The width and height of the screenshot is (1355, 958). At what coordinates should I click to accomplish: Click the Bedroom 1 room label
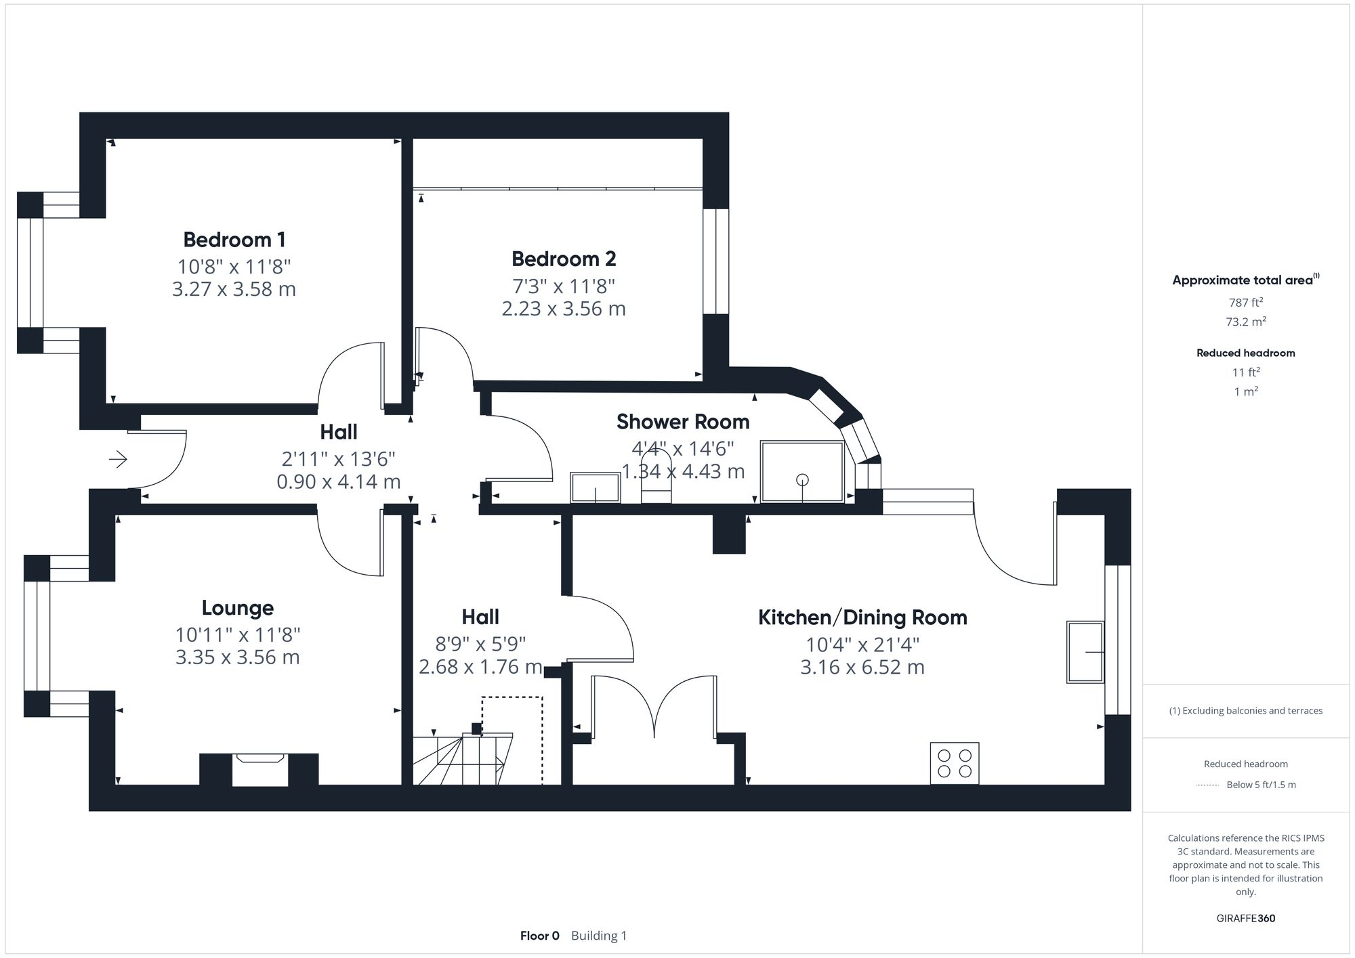pyautogui.click(x=234, y=240)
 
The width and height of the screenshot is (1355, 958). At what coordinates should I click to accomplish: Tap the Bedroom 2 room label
pyautogui.click(x=564, y=259)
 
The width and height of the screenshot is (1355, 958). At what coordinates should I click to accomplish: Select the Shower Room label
pyautogui.click(x=682, y=422)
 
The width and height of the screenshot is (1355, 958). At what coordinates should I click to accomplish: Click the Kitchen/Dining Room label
pyautogui.click(x=862, y=617)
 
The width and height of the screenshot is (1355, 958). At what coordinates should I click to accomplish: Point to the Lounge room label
pyautogui.click(x=237, y=608)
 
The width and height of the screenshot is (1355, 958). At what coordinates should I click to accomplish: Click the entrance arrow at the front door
pyautogui.click(x=118, y=460)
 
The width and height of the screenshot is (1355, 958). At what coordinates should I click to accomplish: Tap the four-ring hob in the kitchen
pyautogui.click(x=954, y=763)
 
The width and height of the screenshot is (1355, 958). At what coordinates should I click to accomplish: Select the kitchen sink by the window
pyautogui.click(x=1085, y=651)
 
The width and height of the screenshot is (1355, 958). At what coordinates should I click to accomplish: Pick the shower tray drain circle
pyautogui.click(x=802, y=480)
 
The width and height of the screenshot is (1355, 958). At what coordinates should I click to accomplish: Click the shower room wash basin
pyautogui.click(x=595, y=487)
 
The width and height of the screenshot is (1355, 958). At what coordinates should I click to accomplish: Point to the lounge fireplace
pyautogui.click(x=259, y=770)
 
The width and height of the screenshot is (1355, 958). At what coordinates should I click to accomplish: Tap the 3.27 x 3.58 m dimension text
pyautogui.click(x=234, y=289)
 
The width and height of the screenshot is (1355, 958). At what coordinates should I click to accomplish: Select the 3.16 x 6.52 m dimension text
pyautogui.click(x=862, y=668)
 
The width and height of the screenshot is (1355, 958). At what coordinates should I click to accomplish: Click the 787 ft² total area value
pyautogui.click(x=1245, y=303)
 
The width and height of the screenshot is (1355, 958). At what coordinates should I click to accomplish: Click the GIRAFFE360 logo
pyautogui.click(x=1245, y=918)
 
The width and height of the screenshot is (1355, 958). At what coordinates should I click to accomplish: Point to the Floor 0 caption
pyautogui.click(x=539, y=936)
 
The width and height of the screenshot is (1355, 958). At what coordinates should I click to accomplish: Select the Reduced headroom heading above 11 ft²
pyautogui.click(x=1245, y=353)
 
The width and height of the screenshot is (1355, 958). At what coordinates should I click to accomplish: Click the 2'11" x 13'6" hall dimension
pyautogui.click(x=338, y=459)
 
